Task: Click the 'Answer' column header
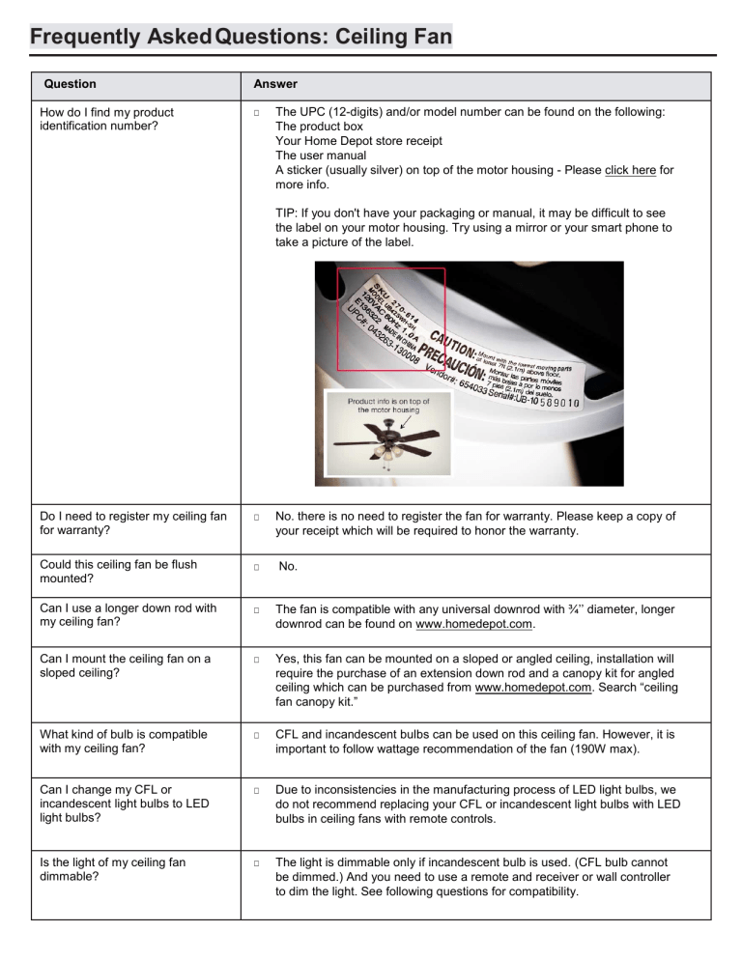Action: pos(275,84)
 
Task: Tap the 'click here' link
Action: pos(631,170)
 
